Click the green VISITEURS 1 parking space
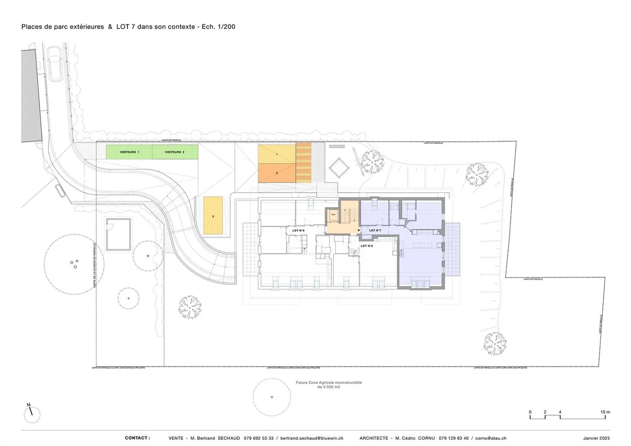(x=129, y=152)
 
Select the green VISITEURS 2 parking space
(x=175, y=152)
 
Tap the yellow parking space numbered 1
(x=277, y=154)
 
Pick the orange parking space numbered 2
(x=277, y=173)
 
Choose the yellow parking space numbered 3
(x=213, y=216)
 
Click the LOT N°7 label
(x=375, y=230)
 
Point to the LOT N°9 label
(x=298, y=230)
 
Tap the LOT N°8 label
(x=367, y=246)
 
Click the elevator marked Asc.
(x=333, y=215)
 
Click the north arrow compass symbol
(x=32, y=414)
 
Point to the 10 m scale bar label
(x=605, y=412)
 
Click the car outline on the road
(x=55, y=64)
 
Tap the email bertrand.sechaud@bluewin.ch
(x=312, y=438)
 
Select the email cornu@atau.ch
(x=491, y=438)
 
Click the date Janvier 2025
(x=596, y=438)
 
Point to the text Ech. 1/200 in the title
(x=218, y=27)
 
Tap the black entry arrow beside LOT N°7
(x=359, y=230)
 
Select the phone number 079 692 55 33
(x=259, y=438)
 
